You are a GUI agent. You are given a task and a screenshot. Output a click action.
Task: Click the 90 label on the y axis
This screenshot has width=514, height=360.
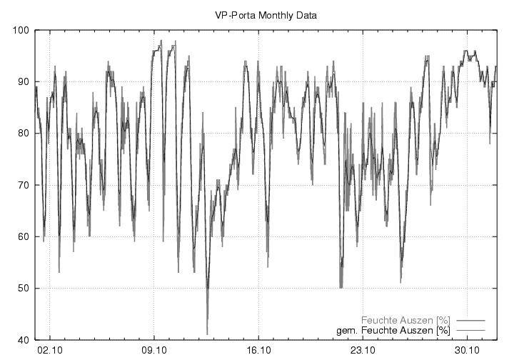[x=21, y=82]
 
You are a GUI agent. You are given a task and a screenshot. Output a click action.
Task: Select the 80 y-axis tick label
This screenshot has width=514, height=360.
[x=21, y=134]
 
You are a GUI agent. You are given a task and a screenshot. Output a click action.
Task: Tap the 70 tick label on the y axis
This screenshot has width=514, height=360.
[x=21, y=185]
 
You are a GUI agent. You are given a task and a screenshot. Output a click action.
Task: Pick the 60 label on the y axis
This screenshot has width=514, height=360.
[x=21, y=237]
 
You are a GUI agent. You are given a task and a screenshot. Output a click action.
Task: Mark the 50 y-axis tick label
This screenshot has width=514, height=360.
[x=21, y=289]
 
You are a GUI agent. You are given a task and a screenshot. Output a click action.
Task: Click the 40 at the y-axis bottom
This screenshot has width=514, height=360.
[x=21, y=340]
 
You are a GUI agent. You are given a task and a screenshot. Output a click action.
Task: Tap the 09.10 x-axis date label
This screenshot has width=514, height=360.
[x=155, y=351]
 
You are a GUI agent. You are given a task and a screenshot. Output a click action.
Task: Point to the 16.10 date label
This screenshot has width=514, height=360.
[x=258, y=351]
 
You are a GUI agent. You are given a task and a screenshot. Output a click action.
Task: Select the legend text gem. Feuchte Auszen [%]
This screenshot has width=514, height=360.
[x=393, y=331]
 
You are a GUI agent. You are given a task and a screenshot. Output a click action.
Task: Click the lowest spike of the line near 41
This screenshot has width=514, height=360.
[x=208, y=334]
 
